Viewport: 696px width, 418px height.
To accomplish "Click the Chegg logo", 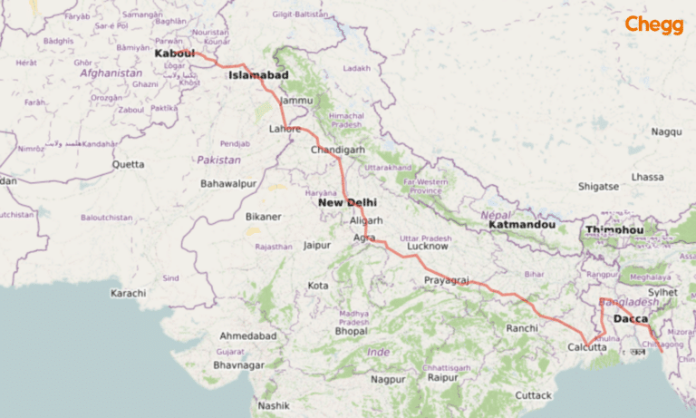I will pos(654,25).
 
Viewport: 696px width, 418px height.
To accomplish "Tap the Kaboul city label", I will pos(175,53).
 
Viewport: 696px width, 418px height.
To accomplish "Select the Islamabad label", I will pos(258,75).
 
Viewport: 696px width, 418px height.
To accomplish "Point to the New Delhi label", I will pos(347,202).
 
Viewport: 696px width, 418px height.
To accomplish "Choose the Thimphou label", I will pos(614,230).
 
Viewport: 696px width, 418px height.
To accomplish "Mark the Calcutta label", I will pos(587,347).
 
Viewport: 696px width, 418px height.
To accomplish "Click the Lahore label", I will pos(285,129).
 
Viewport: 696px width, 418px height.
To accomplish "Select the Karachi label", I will pos(128,294).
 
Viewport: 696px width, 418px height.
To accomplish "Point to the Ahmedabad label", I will pos(247,335).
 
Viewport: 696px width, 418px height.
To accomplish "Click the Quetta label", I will pos(128,164).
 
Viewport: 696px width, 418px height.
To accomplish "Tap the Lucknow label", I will pos(428,246).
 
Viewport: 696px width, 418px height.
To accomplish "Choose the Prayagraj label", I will pos(446,282).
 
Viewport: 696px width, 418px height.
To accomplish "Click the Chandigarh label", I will pos(337,150).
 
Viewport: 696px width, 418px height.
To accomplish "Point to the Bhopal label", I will pos(351,332).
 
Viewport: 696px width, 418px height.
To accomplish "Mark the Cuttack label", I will pos(533,395).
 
